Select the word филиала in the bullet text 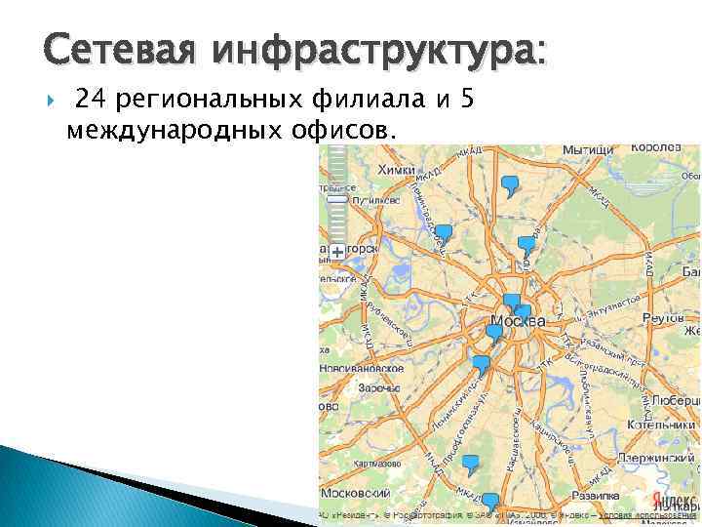(x=359, y=100)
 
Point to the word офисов (x=342, y=128)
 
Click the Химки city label (x=396, y=170)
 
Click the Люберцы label (x=675, y=401)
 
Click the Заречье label (x=378, y=387)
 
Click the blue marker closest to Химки (x=444, y=234)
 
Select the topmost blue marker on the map (x=509, y=183)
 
